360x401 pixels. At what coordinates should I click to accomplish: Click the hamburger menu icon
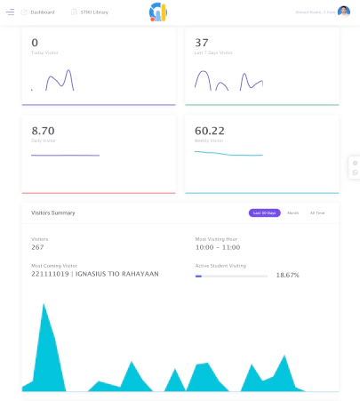[x=10, y=12]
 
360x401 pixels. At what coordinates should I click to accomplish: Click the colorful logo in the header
[x=157, y=12]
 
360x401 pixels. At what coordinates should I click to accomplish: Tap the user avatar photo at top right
[x=344, y=12]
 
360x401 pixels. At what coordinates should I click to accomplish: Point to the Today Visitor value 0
[x=35, y=43]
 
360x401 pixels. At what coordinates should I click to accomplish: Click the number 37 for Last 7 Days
[x=202, y=43]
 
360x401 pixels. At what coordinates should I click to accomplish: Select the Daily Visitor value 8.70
[x=43, y=130]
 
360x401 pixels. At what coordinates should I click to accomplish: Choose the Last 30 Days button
[x=265, y=213]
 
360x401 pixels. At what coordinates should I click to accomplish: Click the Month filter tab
[x=292, y=213]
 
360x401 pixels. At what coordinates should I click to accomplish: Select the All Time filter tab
[x=317, y=213]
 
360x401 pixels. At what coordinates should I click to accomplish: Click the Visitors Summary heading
[x=53, y=213]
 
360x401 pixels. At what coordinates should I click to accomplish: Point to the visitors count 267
[x=38, y=247]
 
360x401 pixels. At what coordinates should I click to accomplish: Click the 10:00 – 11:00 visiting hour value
[x=217, y=247]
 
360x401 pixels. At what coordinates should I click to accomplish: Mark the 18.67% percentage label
[x=287, y=276]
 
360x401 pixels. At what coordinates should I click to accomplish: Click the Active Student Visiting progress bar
[x=231, y=276]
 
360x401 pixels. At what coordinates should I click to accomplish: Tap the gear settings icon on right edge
[x=355, y=163]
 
